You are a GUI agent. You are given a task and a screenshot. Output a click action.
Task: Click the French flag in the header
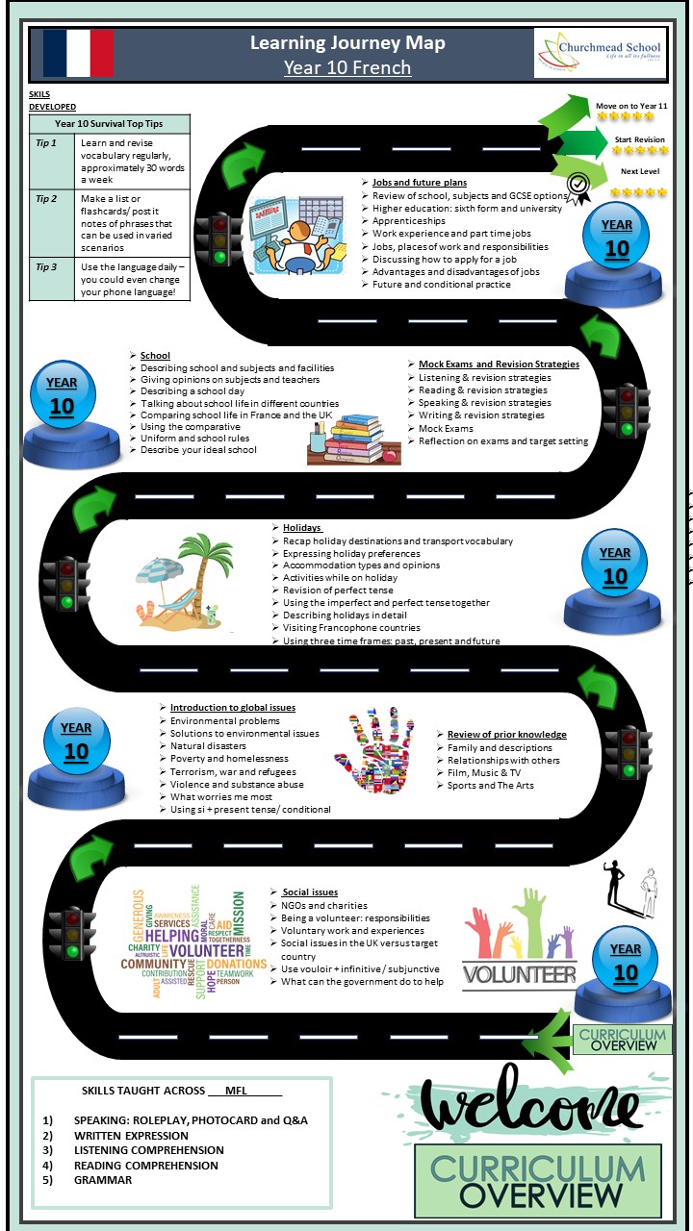coord(78,53)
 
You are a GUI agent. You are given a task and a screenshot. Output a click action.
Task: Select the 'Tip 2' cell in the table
coord(51,199)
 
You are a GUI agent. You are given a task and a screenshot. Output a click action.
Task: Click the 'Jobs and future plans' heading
coord(420,183)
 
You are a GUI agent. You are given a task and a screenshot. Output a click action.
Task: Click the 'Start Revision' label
coord(639,139)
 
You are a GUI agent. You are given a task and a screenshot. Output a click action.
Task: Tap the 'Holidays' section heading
coord(302,528)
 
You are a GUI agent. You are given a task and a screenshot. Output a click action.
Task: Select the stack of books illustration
coord(351,440)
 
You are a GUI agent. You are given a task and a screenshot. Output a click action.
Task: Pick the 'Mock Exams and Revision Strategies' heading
coord(499,364)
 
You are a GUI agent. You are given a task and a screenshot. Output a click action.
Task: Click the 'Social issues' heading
coord(309,892)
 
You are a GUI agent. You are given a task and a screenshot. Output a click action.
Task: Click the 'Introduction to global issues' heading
coord(233,708)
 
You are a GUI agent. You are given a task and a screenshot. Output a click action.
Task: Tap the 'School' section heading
coord(155,356)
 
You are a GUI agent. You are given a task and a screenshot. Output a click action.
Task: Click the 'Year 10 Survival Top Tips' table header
coord(110,124)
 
